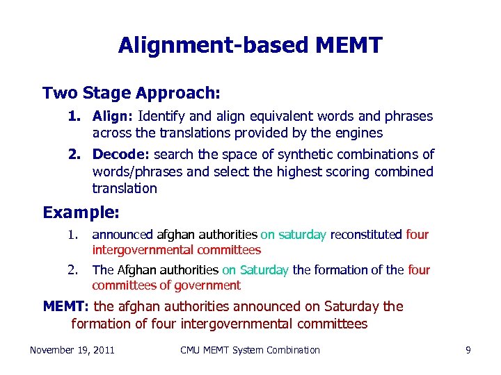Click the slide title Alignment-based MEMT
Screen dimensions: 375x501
[250, 45]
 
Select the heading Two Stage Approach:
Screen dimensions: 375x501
[132, 92]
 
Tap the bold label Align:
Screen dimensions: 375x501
[113, 116]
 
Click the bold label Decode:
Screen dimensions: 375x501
[121, 154]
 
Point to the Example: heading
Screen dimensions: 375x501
[81, 212]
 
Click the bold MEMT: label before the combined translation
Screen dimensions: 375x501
[66, 306]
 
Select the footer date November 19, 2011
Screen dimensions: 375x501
[72, 350]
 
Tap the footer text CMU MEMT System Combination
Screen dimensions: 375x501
[250, 350]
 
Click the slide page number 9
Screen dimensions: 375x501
[468, 350]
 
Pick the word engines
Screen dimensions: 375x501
[358, 133]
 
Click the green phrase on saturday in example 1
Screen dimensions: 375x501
[293, 235]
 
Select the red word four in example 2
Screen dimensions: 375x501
[418, 269]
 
